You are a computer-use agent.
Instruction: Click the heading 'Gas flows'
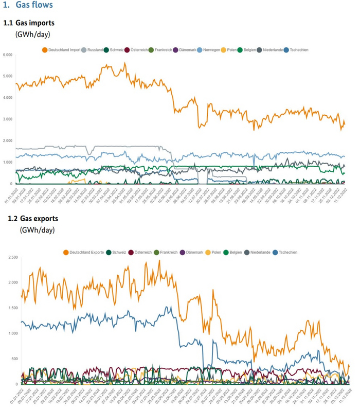point(38,6)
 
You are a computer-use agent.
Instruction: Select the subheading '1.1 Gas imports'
point(29,24)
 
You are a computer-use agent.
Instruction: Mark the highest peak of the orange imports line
point(125,63)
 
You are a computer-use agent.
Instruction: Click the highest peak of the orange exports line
point(159,260)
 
